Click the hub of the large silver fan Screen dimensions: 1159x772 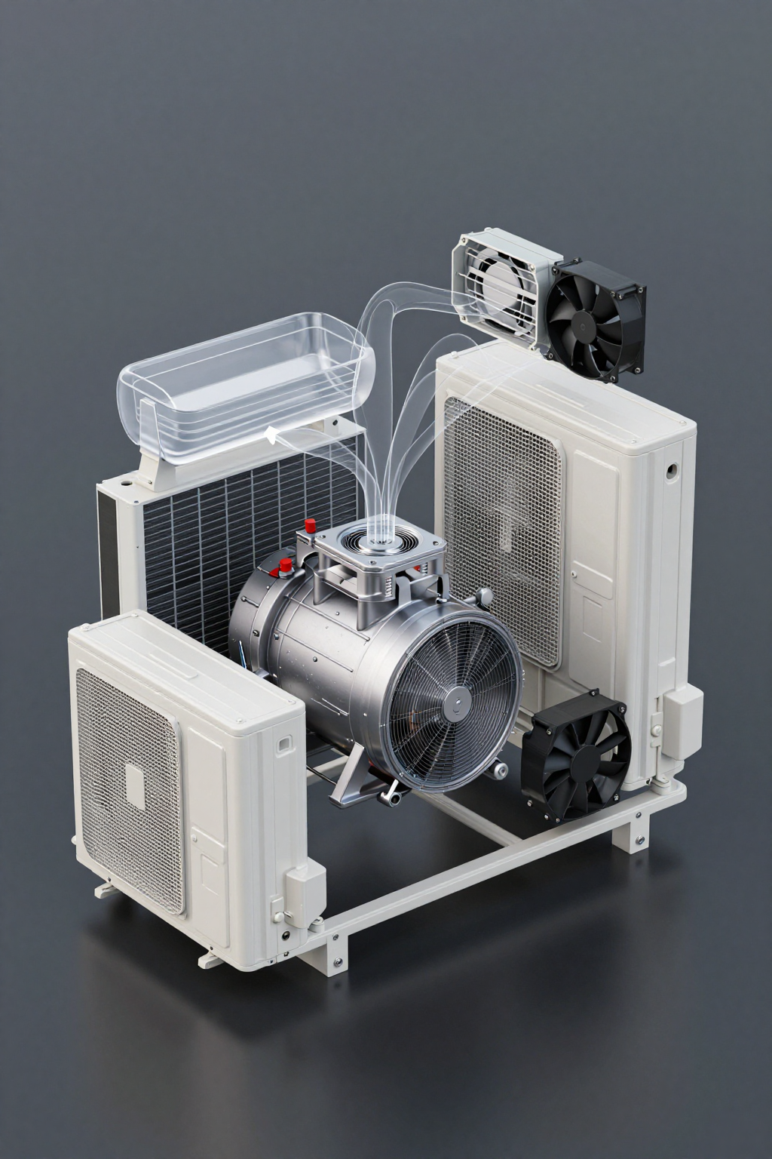[455, 706]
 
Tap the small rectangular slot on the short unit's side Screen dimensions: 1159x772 [285, 744]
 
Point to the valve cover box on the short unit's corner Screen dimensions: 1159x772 [304, 890]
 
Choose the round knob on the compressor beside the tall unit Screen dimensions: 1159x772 [484, 598]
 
